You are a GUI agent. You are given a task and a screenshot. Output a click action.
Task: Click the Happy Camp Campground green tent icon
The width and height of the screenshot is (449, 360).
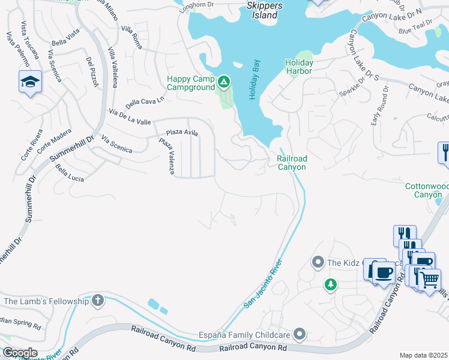[224, 80]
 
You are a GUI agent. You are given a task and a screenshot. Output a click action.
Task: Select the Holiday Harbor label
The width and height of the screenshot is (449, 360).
[299, 68]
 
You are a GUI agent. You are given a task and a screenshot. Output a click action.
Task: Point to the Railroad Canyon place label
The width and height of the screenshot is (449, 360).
[292, 163]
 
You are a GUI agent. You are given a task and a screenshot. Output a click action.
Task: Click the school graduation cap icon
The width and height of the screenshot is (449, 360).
[29, 82]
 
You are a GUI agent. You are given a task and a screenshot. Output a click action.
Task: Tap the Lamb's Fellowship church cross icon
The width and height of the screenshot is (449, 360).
[98, 301]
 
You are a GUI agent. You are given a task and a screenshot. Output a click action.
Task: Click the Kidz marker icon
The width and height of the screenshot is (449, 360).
[318, 262]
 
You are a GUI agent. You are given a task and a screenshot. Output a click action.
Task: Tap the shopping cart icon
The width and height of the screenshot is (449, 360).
[429, 278]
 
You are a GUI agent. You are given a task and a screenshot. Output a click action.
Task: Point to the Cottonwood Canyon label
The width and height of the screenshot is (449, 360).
[427, 191]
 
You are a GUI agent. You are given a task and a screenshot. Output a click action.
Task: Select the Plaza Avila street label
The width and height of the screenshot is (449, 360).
[182, 133]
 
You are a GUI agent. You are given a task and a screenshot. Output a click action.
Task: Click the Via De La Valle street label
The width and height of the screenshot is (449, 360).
[130, 116]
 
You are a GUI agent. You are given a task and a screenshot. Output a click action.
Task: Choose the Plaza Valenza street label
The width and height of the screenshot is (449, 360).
[166, 157]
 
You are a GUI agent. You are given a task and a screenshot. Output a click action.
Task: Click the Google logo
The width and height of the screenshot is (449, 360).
[19, 353]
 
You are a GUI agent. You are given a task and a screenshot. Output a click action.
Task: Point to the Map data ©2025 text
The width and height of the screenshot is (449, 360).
[423, 355]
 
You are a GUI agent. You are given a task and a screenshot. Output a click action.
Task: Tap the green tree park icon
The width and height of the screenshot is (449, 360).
[330, 284]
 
